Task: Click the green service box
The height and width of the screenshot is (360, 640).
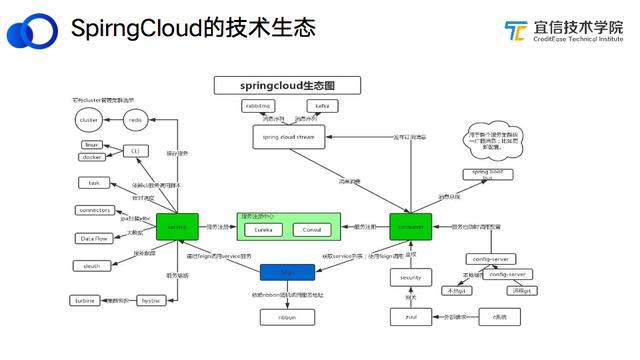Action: pos(177,227)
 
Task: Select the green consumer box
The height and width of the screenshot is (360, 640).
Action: pos(410,227)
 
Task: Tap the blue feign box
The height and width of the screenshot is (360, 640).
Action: pos(288,271)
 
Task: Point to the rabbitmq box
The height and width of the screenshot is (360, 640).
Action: pos(258,105)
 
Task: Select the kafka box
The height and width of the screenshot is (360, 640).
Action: pos(322,105)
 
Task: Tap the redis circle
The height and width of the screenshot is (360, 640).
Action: pos(137,120)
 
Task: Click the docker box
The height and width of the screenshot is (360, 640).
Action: pos(92,157)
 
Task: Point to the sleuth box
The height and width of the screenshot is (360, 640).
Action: pos(92,266)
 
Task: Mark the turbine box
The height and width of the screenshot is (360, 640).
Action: pos(84,300)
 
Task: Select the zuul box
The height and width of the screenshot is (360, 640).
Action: pos(411,317)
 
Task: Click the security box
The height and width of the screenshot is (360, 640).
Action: pos(410,278)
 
